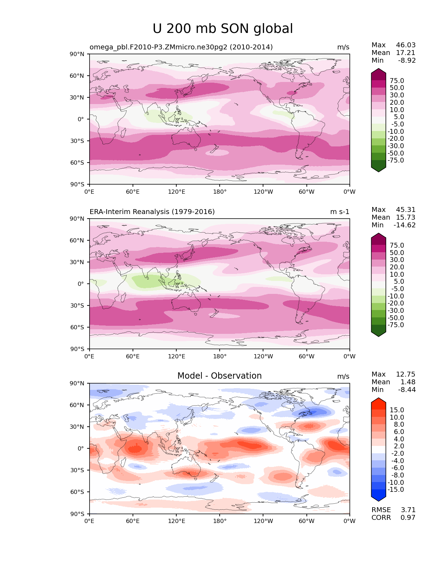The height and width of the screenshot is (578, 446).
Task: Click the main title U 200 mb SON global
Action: coord(223,29)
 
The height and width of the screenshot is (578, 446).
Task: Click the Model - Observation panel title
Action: coord(219,376)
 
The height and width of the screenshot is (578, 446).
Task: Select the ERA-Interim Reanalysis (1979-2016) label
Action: coord(152,212)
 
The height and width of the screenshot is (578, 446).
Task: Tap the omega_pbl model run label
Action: coord(181,47)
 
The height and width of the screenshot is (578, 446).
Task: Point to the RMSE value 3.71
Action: coord(408,510)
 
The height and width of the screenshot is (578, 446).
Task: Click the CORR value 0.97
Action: coord(408,518)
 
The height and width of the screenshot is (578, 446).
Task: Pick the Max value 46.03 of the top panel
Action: coord(406,45)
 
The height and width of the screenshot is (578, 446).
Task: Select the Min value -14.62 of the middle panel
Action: coord(405,225)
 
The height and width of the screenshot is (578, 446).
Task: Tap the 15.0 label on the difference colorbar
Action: coord(397,410)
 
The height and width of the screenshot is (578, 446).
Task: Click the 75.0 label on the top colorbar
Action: coord(397,81)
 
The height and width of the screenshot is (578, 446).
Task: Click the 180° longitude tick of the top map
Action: coord(220,192)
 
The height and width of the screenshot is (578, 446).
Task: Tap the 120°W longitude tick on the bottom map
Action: coord(263,521)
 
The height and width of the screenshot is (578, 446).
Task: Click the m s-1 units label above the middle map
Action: coord(340,212)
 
